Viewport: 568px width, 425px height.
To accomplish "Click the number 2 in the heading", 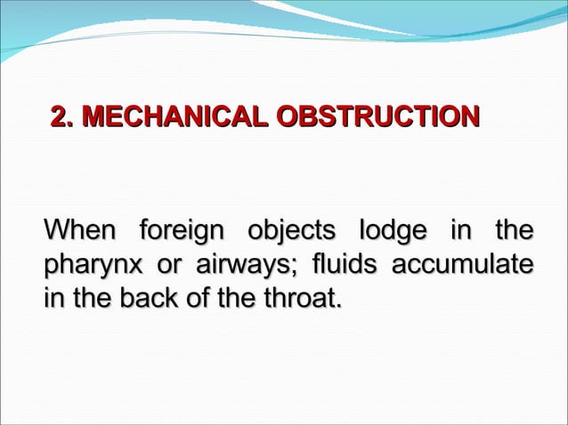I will pos(59,117).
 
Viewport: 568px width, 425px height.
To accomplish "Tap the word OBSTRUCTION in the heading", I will pos(377,117).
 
